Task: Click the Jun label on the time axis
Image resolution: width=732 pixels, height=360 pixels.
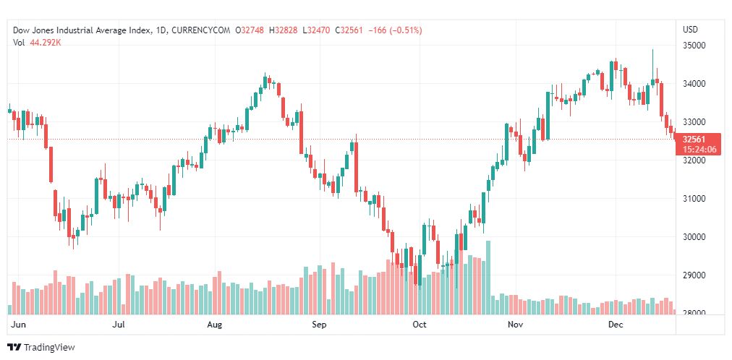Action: click(x=20, y=325)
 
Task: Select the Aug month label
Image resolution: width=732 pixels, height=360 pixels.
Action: click(x=214, y=325)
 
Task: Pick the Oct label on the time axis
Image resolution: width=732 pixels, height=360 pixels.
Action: click(x=420, y=325)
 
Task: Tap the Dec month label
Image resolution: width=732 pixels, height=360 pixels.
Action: click(x=616, y=325)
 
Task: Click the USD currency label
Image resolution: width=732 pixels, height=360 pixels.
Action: click(x=690, y=30)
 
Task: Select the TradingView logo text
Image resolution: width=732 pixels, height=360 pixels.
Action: click(x=49, y=348)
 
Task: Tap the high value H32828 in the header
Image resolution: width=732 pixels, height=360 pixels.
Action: click(x=284, y=30)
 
